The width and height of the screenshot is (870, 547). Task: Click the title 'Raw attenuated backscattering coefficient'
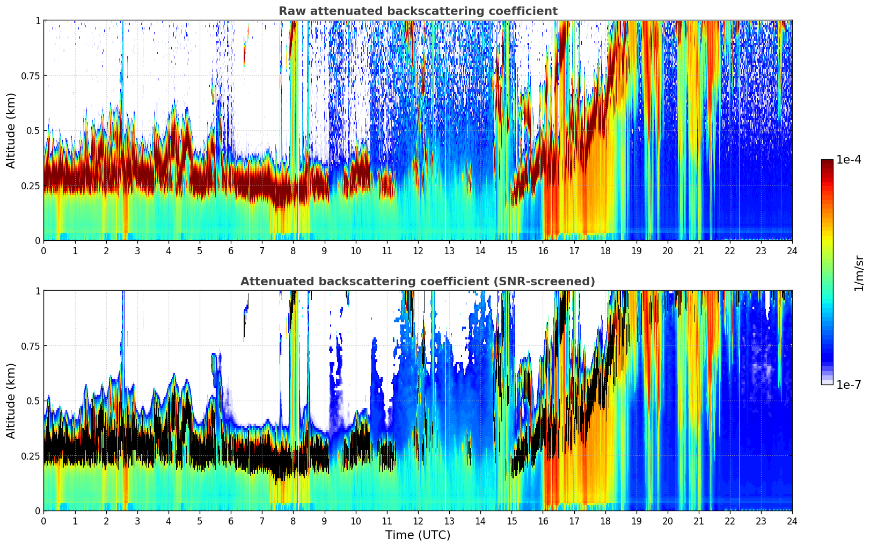[x=418, y=11]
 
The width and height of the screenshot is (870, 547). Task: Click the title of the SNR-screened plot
[x=418, y=282]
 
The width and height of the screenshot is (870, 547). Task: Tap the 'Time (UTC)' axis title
[x=418, y=535]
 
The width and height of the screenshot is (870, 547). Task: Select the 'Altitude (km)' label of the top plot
[x=11, y=130]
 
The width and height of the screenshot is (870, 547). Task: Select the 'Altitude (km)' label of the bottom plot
[x=11, y=401]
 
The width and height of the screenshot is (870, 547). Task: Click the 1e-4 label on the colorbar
[x=849, y=160]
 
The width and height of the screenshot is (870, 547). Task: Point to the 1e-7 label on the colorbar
[x=849, y=385]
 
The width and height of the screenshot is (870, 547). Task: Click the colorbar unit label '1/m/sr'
[x=859, y=273]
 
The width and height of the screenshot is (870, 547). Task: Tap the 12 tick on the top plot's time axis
[x=418, y=250]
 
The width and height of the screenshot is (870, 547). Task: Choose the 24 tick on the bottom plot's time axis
[x=792, y=521]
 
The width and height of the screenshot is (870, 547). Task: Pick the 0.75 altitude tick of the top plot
[x=31, y=76]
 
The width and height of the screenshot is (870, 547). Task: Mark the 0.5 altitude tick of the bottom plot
[x=33, y=401]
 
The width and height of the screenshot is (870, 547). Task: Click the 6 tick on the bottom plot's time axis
[x=231, y=521]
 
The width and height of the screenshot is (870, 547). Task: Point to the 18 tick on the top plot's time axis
[x=605, y=250]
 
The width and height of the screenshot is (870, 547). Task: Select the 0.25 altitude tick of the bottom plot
[x=31, y=456]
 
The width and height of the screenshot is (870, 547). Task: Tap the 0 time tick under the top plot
[x=44, y=250]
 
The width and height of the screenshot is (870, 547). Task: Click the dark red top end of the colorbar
[x=827, y=162]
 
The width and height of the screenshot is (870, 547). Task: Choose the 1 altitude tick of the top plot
[x=38, y=20]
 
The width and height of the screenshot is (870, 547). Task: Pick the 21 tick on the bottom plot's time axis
[x=698, y=521]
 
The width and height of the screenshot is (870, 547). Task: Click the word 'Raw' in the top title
[x=290, y=11]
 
